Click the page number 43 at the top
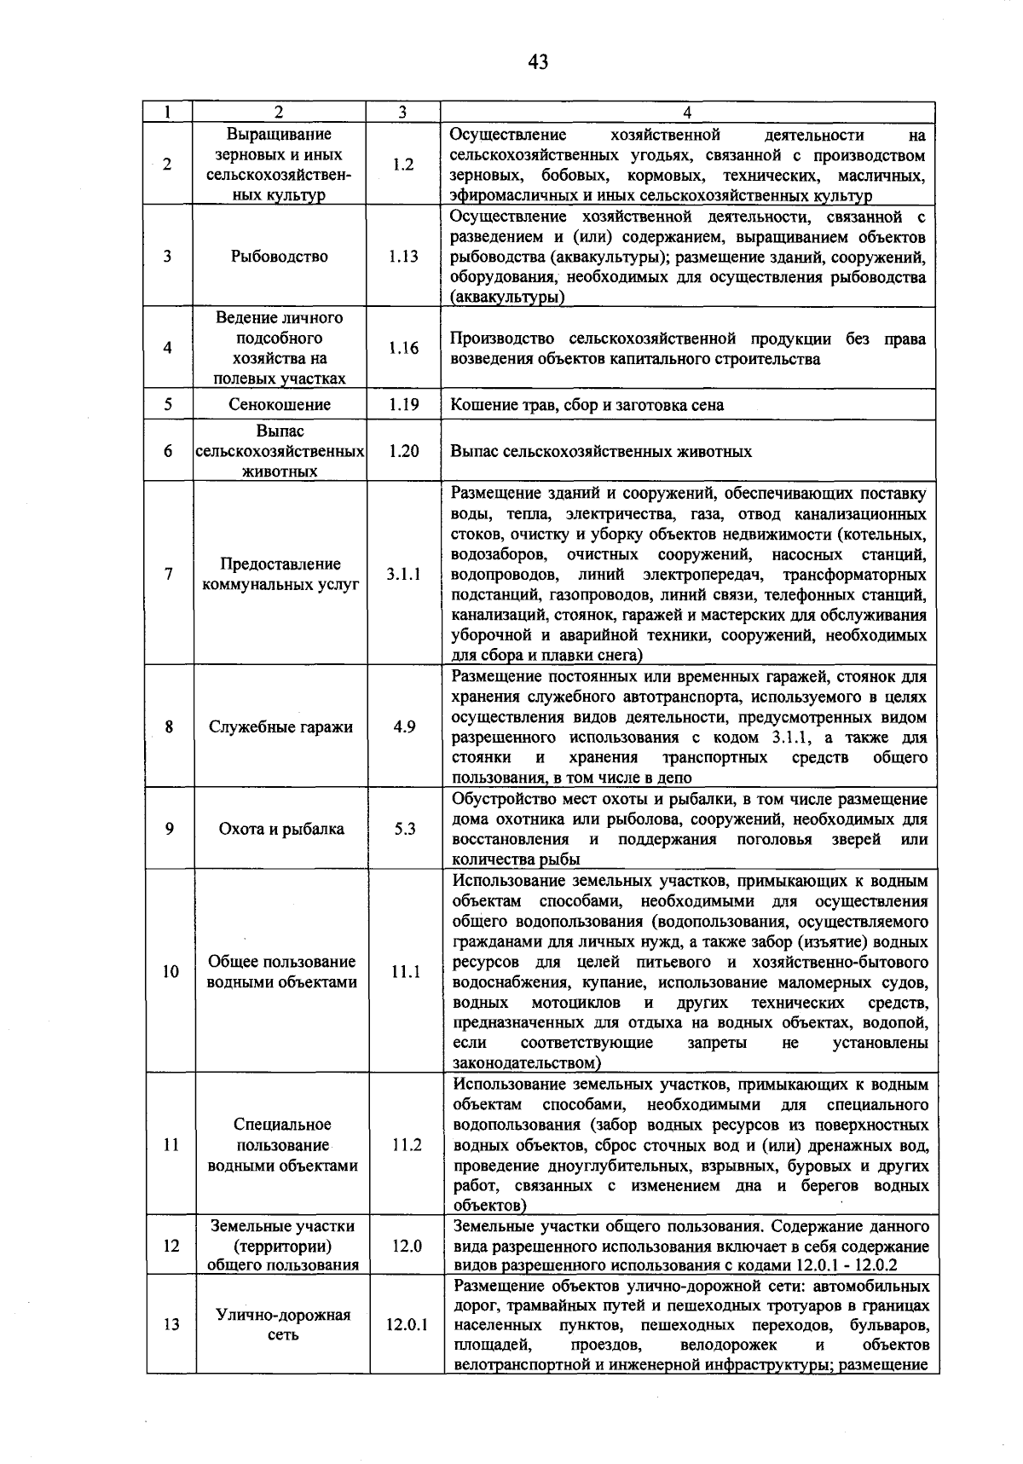[x=538, y=61]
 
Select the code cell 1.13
[x=403, y=257]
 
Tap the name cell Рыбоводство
[x=280, y=257]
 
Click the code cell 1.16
[x=403, y=348]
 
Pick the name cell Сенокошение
[x=280, y=405]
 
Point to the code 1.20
[x=403, y=451]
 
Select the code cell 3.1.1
[x=403, y=575]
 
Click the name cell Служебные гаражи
[x=280, y=727]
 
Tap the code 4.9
[x=404, y=727]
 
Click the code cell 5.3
[x=404, y=829]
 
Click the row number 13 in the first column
[x=171, y=1325]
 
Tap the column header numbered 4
[x=687, y=112]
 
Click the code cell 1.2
[x=403, y=165]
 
